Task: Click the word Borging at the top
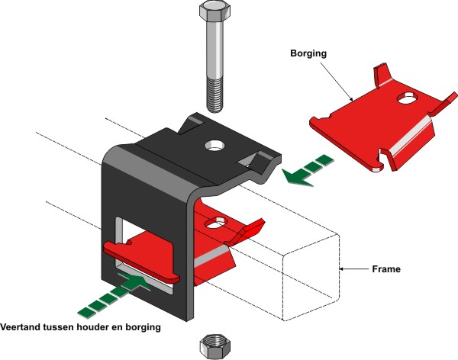[x=309, y=55]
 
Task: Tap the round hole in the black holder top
[x=213, y=144]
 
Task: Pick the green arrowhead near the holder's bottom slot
[x=133, y=283]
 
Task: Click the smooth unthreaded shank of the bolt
[x=213, y=53]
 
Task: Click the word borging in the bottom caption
[x=143, y=328]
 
